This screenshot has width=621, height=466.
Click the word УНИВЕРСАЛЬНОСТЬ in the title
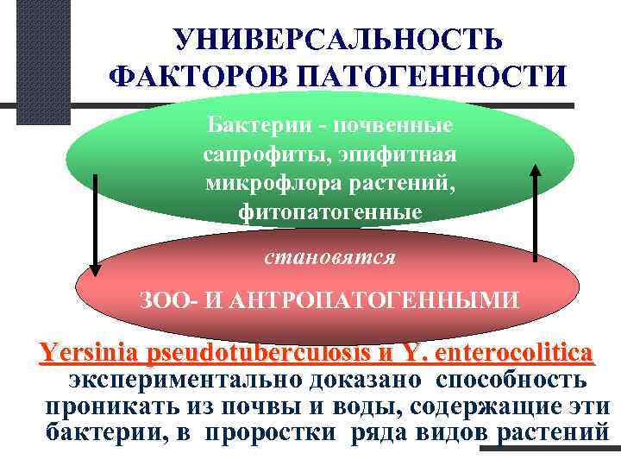point(336,37)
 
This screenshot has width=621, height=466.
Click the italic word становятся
point(330,256)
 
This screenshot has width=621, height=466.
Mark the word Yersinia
point(89,355)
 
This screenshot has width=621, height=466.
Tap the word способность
point(512,381)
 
